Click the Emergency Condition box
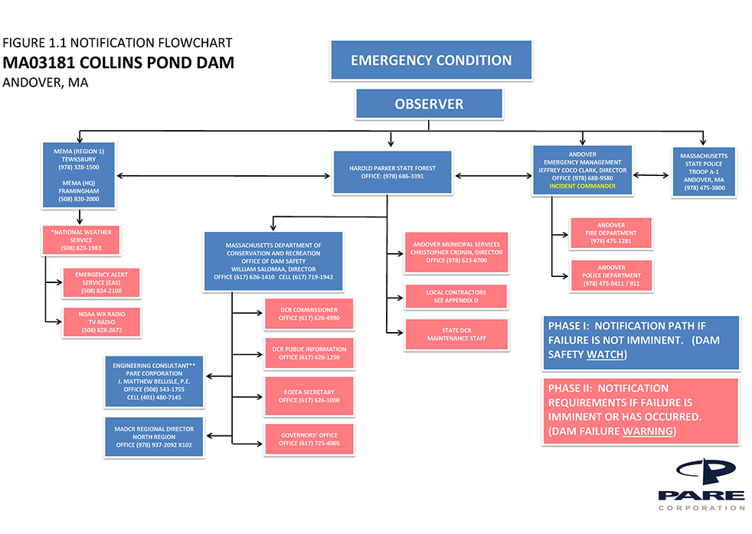click(x=431, y=60)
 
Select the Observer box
click(x=429, y=104)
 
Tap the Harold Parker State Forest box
click(x=387, y=171)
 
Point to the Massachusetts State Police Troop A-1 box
click(x=704, y=171)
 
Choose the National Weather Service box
click(x=80, y=239)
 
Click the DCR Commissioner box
click(x=309, y=314)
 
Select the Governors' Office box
click(x=309, y=438)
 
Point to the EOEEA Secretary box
click(x=309, y=396)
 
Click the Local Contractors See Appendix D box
click(x=456, y=296)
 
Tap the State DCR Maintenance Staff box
click(x=456, y=333)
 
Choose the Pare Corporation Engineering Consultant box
click(x=154, y=381)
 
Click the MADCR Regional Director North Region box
click(x=154, y=434)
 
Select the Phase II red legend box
click(x=639, y=410)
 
